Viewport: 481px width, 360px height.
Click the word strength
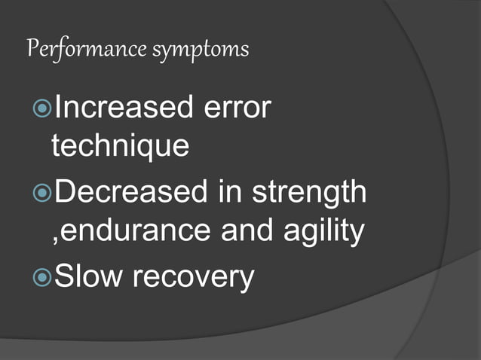(309, 193)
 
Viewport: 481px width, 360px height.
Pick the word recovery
(194, 279)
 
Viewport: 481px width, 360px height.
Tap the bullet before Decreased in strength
(43, 194)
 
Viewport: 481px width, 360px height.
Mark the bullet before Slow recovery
(43, 278)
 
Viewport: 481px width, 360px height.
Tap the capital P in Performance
(32, 50)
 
